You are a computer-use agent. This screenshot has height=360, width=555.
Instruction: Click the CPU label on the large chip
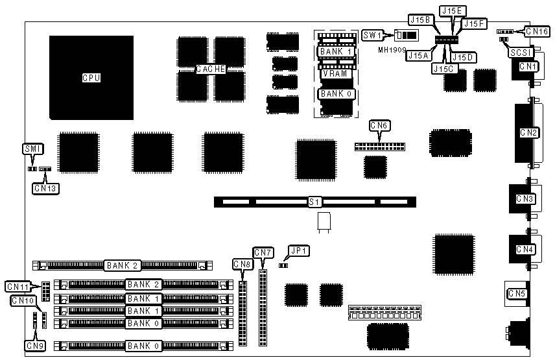coord(91,78)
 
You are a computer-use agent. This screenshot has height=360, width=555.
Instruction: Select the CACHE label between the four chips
coord(211,69)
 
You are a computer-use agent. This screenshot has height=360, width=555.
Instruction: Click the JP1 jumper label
coord(300,250)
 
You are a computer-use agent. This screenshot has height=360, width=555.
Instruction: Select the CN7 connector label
coord(263,252)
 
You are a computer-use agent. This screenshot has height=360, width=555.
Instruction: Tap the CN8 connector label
coord(242,264)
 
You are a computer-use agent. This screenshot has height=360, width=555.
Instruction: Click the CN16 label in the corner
coord(537,30)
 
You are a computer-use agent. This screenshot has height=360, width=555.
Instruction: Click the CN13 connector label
coord(45,188)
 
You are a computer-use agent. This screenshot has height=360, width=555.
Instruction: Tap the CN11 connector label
coord(17,286)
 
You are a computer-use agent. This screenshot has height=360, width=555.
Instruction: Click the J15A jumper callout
coord(418,56)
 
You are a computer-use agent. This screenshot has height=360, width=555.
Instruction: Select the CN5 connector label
coord(517,294)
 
